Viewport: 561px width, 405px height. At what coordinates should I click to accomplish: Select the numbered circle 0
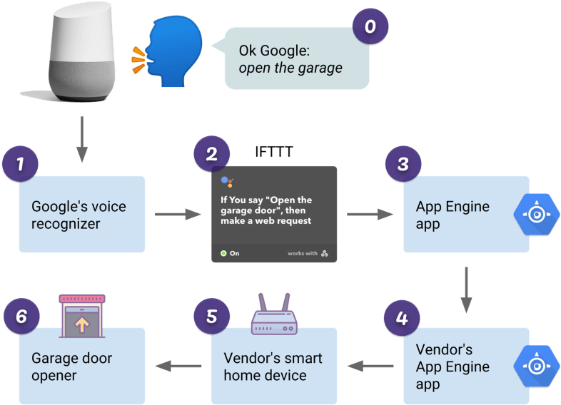point(370,28)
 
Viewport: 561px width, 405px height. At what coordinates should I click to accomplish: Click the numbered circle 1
point(21,164)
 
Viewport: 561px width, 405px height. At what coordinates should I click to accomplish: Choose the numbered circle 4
point(402,317)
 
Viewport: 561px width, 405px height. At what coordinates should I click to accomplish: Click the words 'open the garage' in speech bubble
point(290,68)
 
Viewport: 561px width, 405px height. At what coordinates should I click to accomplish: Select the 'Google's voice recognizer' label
point(79,215)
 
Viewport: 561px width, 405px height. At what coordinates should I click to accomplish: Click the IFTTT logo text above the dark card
point(274,152)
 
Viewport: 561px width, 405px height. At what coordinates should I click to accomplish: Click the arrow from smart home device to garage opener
point(178,366)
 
